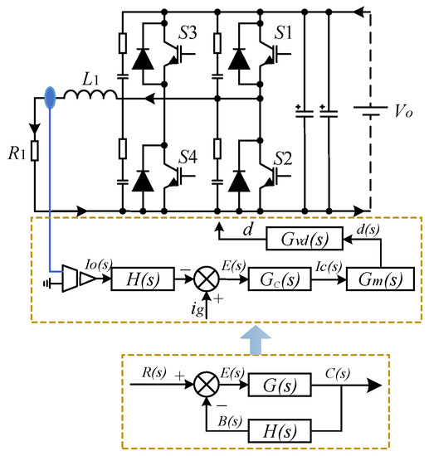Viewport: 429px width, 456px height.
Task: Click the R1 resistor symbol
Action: point(35,151)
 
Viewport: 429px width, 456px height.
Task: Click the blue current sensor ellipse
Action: point(51,98)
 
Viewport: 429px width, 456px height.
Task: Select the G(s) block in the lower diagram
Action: point(271,384)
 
